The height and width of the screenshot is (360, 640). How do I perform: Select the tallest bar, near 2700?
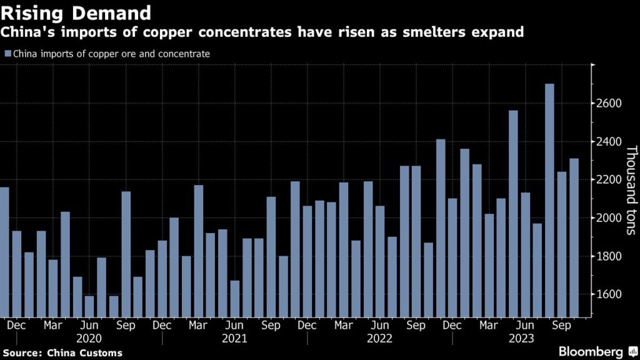click(549, 200)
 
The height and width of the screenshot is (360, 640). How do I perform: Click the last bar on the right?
click(574, 237)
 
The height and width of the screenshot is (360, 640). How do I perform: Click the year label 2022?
click(379, 339)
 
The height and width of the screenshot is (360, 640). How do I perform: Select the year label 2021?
click(234, 339)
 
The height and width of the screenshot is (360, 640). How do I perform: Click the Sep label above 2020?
click(126, 326)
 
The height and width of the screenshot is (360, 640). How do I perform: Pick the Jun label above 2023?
click(526, 326)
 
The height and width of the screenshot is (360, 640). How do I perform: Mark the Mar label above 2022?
click(344, 326)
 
